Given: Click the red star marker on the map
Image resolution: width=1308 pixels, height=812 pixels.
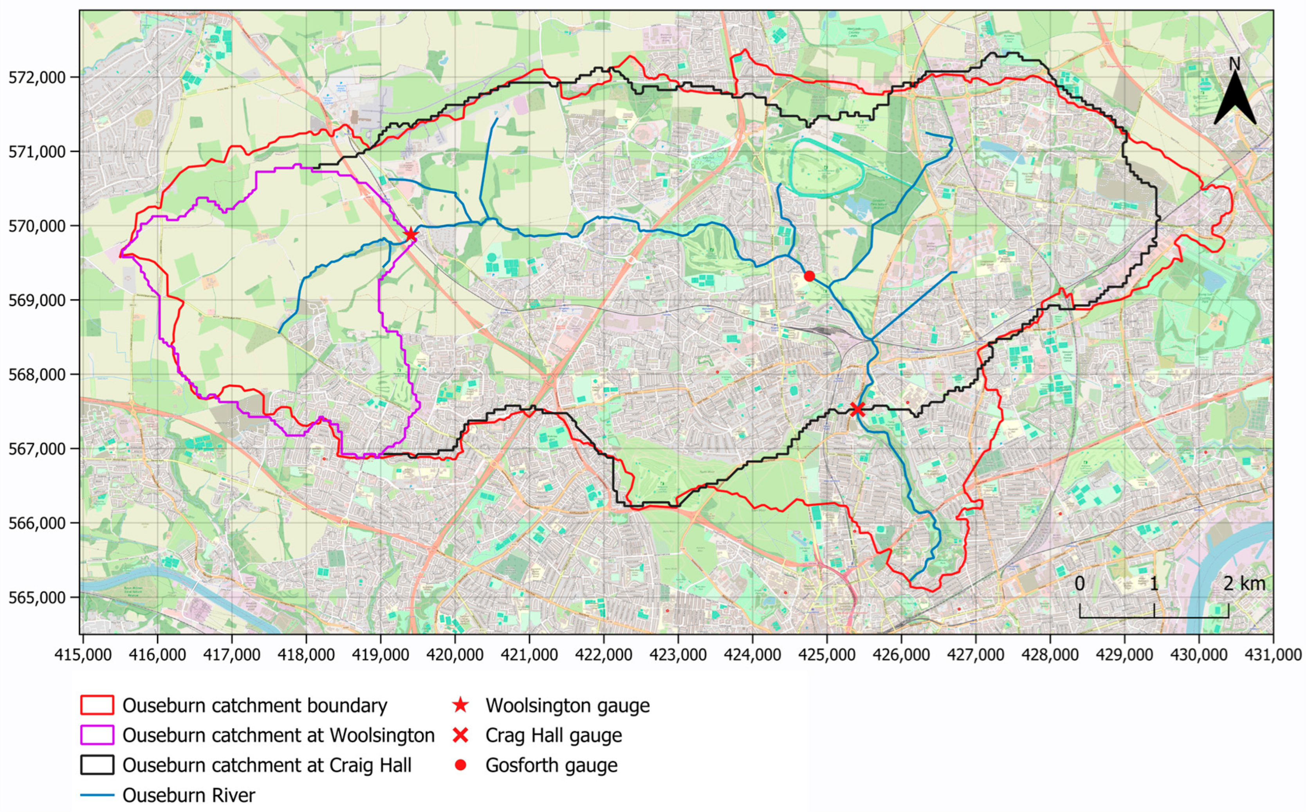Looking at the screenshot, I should click(411, 235).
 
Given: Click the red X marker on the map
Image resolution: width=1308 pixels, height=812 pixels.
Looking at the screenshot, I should click(857, 410).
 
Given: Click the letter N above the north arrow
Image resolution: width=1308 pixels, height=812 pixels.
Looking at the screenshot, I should click(1234, 64).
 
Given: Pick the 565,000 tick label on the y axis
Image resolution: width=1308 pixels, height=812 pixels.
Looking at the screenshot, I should click(36, 597).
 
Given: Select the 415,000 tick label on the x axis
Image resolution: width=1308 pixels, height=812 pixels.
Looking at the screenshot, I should click(83, 655).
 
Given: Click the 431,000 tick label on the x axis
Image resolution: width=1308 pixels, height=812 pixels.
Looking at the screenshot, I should click(1273, 655).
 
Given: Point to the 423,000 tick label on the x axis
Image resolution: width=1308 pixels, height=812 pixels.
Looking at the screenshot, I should click(678, 655).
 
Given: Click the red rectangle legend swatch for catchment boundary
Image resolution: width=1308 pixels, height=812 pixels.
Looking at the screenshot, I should click(97, 705).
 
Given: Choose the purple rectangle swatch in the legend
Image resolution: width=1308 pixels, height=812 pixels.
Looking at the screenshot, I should click(97, 735).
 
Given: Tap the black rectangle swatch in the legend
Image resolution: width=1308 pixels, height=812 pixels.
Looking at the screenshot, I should click(97, 765).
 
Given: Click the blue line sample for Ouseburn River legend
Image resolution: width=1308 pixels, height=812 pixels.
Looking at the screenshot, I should click(97, 795).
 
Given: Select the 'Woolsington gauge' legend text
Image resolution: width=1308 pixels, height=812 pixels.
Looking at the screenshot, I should click(567, 705).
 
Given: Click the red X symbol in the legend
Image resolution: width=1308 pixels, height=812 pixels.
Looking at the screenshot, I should click(460, 735).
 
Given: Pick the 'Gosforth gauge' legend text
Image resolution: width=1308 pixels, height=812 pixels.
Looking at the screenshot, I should click(551, 765).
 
